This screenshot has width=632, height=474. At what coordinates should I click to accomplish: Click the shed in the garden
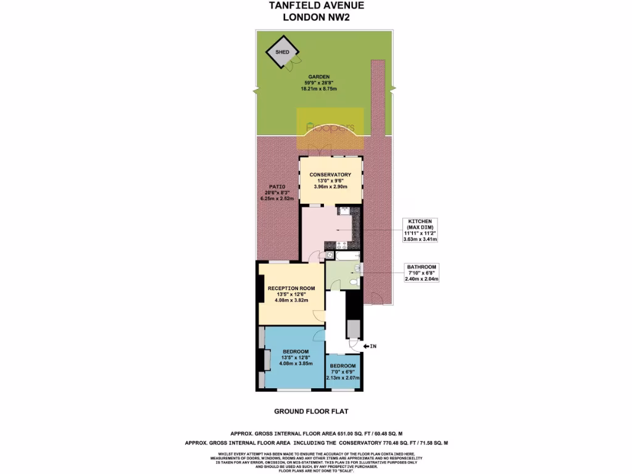click(282, 52)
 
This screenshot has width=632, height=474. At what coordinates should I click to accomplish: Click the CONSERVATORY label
click(330, 175)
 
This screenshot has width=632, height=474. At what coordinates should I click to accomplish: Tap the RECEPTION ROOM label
click(291, 288)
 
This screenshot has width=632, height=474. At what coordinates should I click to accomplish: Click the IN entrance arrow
click(369, 347)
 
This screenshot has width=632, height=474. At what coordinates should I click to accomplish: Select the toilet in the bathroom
click(354, 282)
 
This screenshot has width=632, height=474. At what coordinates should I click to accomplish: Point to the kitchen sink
click(344, 212)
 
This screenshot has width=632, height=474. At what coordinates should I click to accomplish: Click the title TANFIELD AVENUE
click(316, 6)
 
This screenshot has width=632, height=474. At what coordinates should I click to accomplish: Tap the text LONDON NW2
click(316, 17)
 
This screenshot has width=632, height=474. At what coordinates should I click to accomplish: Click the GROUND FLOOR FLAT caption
click(315, 411)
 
